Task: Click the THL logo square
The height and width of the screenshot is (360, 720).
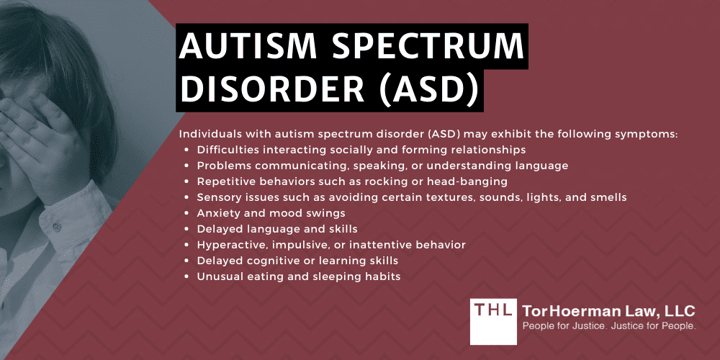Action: [x=494, y=321]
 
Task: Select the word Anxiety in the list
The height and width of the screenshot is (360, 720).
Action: [x=219, y=213]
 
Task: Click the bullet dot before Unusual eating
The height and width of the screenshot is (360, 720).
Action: [x=187, y=277]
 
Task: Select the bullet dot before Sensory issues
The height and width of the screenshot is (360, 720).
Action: [x=187, y=197]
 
